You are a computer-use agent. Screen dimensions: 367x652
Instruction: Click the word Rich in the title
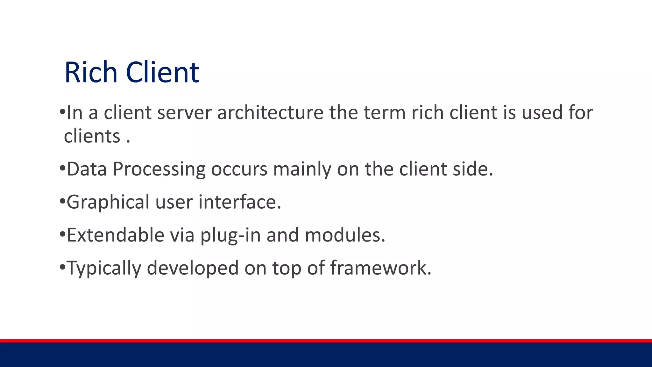pyautogui.click(x=91, y=73)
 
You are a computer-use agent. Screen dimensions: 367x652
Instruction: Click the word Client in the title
pyautogui.click(x=162, y=73)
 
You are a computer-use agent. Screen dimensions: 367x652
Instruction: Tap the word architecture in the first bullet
pyautogui.click(x=270, y=113)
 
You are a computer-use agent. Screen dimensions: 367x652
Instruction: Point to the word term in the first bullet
pyautogui.click(x=384, y=113)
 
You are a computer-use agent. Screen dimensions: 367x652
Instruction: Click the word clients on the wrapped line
pyautogui.click(x=92, y=136)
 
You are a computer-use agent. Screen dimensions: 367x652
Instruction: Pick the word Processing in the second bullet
pyautogui.click(x=159, y=169)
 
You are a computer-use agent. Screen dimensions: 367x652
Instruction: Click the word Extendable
pyautogui.click(x=115, y=235)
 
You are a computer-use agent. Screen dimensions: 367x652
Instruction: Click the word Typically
pyautogui.click(x=104, y=268)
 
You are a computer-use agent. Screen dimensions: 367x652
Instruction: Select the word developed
pyautogui.click(x=193, y=268)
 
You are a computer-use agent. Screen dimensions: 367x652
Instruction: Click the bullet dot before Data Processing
pyautogui.click(x=62, y=168)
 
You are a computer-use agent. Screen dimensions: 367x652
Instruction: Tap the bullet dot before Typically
pyautogui.click(x=62, y=267)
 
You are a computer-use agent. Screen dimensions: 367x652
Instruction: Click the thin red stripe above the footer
pyautogui.click(x=326, y=341)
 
